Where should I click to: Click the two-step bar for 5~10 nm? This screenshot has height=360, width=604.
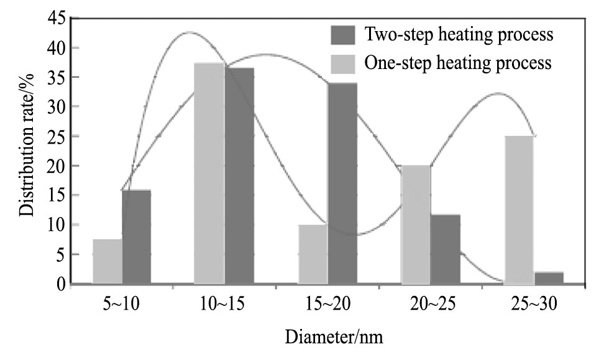tap(136, 237)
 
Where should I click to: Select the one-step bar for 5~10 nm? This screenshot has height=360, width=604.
tap(107, 262)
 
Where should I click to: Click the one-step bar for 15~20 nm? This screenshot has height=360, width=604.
tap(313, 254)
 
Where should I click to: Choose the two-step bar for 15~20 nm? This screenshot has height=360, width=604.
tap(342, 183)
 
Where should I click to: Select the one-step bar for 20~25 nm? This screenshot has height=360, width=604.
tap(416, 224)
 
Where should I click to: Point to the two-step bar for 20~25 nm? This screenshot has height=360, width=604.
tap(446, 249)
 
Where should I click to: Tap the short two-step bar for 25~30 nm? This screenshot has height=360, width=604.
tap(549, 278)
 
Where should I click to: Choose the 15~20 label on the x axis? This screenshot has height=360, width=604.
tap(327, 305)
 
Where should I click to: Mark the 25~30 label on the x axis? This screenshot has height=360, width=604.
tap(534, 305)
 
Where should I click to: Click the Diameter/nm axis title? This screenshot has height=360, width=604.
tap(334, 339)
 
